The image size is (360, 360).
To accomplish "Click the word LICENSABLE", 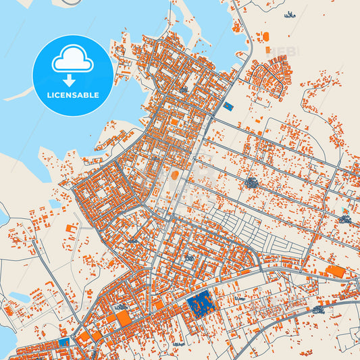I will coord(72,95).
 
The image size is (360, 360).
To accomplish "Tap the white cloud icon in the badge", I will coord(72,61).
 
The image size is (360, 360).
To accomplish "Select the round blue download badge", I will coord(72,75).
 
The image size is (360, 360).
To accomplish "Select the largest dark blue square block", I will coord(201,306).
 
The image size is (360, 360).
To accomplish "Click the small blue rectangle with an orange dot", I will coord(228,106).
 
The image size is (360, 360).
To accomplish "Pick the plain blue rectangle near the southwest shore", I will coord(63,341).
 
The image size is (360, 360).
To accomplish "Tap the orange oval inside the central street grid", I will coord(176,175).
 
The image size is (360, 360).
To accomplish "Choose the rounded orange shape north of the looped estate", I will coord(265,36).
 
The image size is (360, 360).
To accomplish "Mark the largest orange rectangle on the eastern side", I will coord(334,272).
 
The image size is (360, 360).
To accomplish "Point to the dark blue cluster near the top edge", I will coord(290,14).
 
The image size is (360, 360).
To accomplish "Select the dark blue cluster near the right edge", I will coord(345,218).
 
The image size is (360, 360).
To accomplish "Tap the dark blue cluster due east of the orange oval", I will coord(252,182).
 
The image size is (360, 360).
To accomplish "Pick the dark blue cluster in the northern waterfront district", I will coord(183,88).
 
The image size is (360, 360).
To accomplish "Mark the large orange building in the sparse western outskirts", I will coord(70,230).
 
